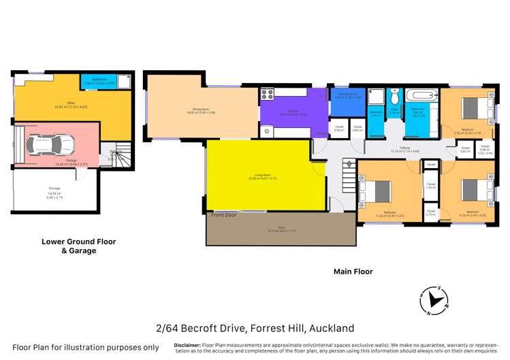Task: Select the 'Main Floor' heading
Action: [353, 272]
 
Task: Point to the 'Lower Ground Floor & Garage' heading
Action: [78, 246]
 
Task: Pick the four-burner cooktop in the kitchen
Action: [267, 95]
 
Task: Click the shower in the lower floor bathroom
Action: [123, 81]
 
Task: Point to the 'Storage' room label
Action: [54, 188]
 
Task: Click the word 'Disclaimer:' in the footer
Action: [187, 345]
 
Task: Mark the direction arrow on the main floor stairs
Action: [349, 165]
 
